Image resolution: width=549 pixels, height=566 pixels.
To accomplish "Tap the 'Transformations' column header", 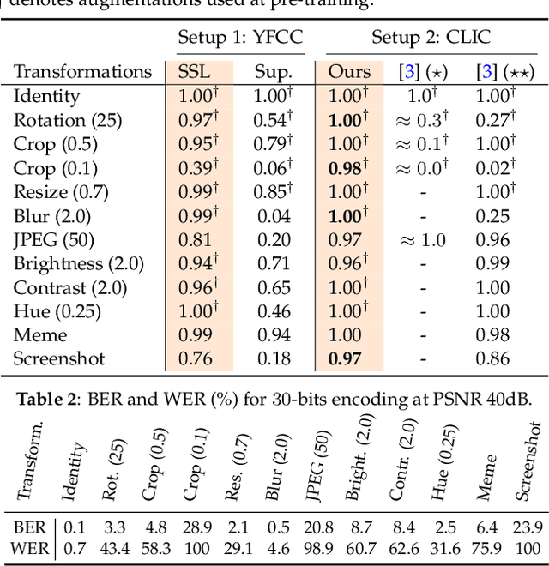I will coord(83,71).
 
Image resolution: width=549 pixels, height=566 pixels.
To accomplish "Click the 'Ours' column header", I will coord(349,71).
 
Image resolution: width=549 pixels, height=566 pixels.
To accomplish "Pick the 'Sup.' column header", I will coord(273,71).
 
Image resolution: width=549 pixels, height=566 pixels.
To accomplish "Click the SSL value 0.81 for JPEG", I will coord(196,240).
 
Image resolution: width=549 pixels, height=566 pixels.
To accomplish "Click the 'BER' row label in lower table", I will coord(28,527).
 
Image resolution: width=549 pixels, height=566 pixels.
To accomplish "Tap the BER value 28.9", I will coord(196,527).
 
